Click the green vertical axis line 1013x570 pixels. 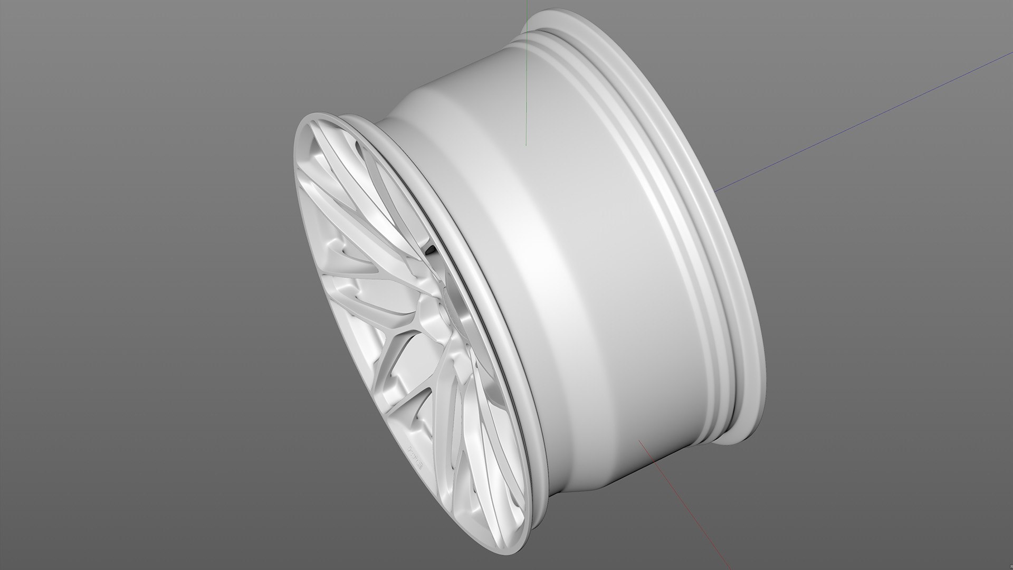pyautogui.click(x=526, y=79)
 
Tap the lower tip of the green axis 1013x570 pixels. pyautogui.click(x=526, y=145)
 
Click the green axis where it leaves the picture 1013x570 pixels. pyautogui.click(x=526, y=1)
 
